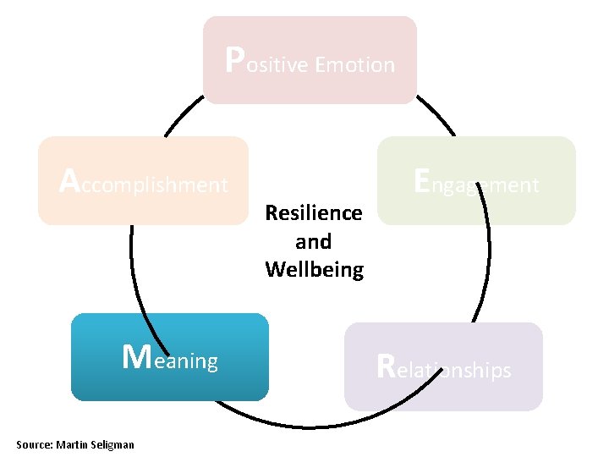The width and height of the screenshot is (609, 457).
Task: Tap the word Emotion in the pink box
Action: point(354,65)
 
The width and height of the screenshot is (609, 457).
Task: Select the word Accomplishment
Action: point(144,183)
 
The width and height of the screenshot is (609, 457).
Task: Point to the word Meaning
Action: point(170,360)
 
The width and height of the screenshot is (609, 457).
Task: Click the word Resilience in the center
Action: point(313,212)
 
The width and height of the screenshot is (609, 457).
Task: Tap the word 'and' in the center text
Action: point(313,241)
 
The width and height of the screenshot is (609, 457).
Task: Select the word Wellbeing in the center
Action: point(314,270)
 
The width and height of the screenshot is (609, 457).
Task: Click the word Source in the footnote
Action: point(35,444)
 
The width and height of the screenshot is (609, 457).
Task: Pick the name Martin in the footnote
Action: point(74,444)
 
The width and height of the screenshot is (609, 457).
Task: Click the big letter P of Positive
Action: point(236,59)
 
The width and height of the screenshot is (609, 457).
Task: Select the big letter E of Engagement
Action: point(423,180)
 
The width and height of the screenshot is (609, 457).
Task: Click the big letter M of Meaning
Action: point(136,358)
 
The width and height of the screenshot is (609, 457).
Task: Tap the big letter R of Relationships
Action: point(386,366)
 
